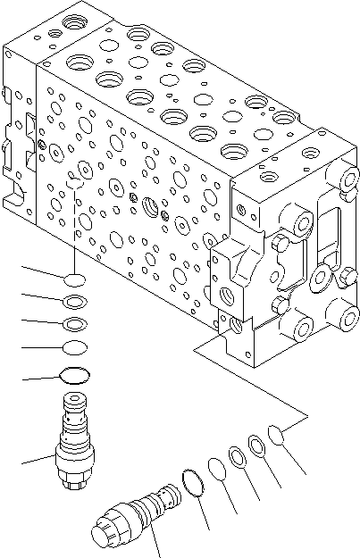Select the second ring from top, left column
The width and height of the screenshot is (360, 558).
click(76, 301)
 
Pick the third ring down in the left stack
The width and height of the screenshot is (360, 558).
click(76, 323)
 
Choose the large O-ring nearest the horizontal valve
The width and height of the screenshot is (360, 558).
click(193, 481)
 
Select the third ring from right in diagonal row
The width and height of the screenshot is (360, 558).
click(238, 456)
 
